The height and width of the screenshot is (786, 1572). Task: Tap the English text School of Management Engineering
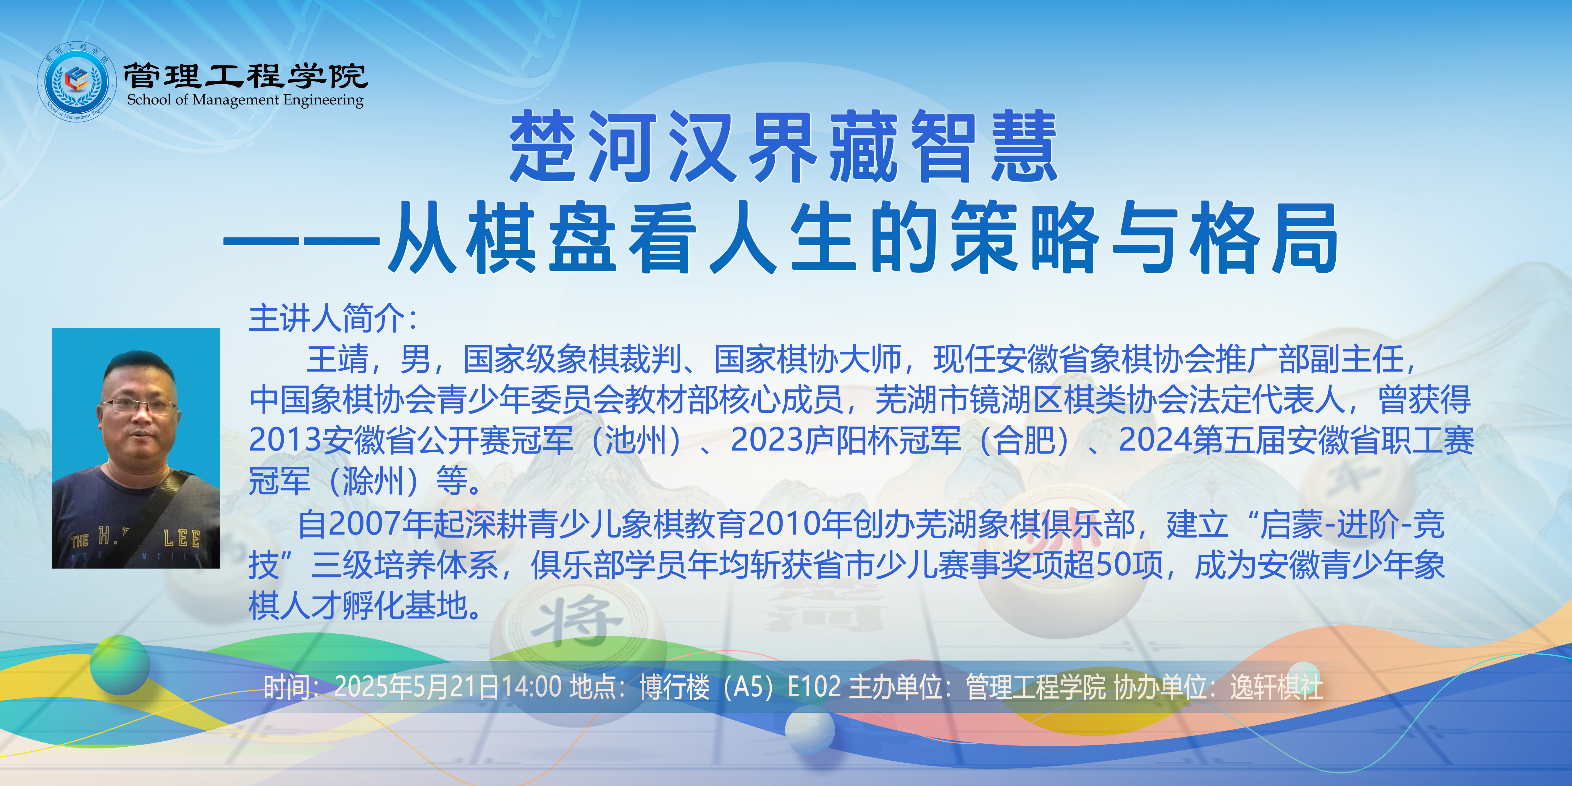245,99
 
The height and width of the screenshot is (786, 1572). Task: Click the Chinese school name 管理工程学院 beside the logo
245,75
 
